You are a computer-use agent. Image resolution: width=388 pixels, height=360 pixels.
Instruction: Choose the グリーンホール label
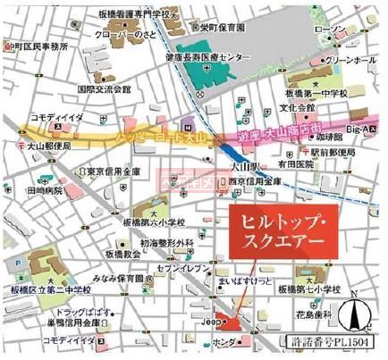(354, 62)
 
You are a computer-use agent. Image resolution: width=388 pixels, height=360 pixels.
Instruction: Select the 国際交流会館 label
(104, 89)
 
